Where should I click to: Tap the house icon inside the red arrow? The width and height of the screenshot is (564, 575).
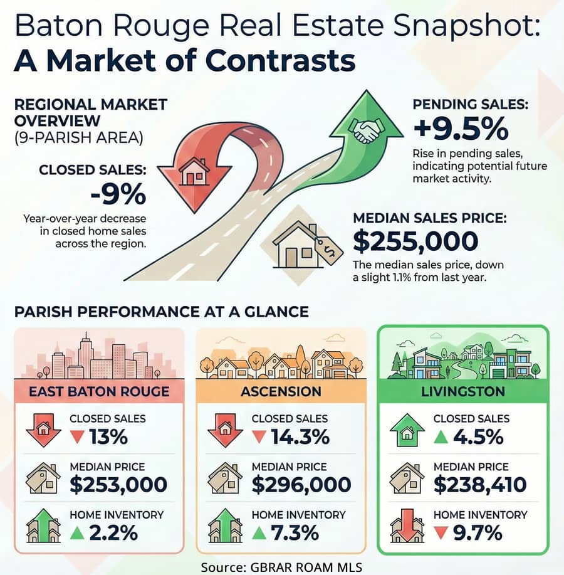point(194,171)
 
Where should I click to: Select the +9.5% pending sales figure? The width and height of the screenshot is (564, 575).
point(461,129)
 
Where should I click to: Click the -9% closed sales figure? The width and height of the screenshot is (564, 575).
point(118,195)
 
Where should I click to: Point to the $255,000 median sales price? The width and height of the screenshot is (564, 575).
point(415,241)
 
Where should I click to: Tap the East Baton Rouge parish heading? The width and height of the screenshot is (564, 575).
point(100,392)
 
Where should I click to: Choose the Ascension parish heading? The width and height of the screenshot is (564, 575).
point(281,392)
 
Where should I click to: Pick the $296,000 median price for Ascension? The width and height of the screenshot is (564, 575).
point(301,485)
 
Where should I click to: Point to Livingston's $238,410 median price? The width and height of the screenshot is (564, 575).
point(479,485)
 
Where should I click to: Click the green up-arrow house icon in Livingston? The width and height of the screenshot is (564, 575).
point(407,430)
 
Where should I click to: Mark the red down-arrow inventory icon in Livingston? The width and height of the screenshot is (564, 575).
point(407,526)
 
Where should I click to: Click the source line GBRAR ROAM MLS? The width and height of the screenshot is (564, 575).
point(281,566)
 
